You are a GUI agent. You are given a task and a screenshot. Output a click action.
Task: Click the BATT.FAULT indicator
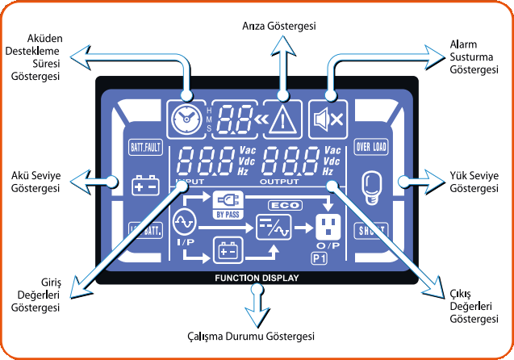(145, 148)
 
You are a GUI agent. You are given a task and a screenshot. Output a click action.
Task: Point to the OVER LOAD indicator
(371, 148)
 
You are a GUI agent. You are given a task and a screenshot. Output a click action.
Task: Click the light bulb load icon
(371, 186)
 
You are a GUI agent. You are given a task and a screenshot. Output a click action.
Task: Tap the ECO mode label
(285, 205)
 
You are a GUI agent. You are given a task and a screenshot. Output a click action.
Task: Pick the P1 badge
(319, 258)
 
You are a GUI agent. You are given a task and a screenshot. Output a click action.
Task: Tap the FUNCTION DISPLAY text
(257, 278)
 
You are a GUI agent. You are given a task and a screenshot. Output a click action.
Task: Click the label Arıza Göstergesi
(279, 27)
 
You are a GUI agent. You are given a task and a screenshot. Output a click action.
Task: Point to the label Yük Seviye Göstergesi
(474, 182)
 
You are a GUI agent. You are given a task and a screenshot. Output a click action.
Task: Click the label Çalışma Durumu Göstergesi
(257, 336)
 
